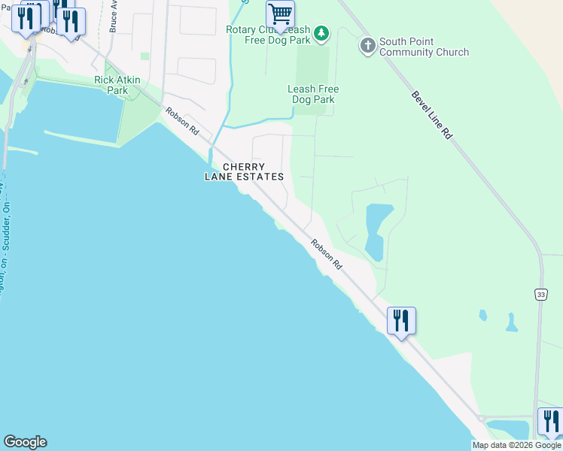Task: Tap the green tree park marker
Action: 321,32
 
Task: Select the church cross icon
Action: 367,46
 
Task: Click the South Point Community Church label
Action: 424,47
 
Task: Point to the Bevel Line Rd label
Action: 431,115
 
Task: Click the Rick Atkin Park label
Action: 111,85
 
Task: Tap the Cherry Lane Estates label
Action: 244,171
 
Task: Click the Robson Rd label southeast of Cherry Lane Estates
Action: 327,255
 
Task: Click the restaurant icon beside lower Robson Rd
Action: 401,320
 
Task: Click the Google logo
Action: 25,442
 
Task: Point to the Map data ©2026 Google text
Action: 516,445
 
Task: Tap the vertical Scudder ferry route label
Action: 6,241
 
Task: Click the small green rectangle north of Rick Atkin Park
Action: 145,56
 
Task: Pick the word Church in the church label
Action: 450,53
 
